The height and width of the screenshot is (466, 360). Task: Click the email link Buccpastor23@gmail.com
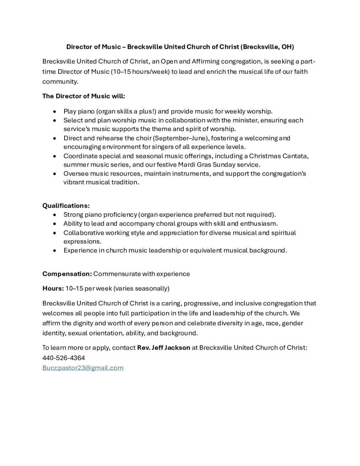[x=83, y=368]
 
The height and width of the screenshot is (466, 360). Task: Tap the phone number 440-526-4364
[x=64, y=358]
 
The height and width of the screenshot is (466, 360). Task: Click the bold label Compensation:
[x=67, y=274]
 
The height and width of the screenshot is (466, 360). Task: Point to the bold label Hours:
[x=53, y=289]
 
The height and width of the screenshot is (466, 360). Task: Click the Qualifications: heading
[x=66, y=205]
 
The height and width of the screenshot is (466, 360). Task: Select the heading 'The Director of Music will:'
[x=84, y=96]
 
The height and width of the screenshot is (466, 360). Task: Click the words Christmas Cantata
[x=282, y=156]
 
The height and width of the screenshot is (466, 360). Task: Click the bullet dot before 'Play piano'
[x=55, y=111]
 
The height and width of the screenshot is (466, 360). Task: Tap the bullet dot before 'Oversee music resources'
[x=55, y=173]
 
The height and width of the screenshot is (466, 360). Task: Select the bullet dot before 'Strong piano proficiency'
[x=55, y=214]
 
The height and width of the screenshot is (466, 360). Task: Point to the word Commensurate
[x=116, y=274]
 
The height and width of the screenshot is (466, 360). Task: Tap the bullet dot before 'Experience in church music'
[x=55, y=250]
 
